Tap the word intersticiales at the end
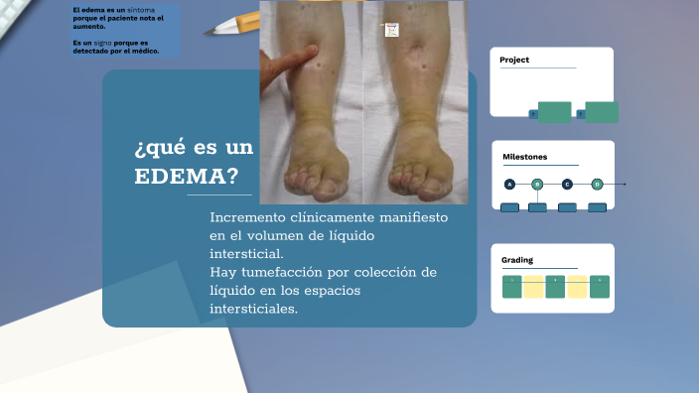(x=253, y=309)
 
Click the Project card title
(x=514, y=61)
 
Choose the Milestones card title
(x=524, y=157)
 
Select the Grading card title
(x=517, y=260)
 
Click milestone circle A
(x=509, y=184)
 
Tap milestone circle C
(x=567, y=184)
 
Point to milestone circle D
(x=597, y=184)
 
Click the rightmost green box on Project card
(x=601, y=112)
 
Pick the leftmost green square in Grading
(x=512, y=287)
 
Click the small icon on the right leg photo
(x=391, y=31)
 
